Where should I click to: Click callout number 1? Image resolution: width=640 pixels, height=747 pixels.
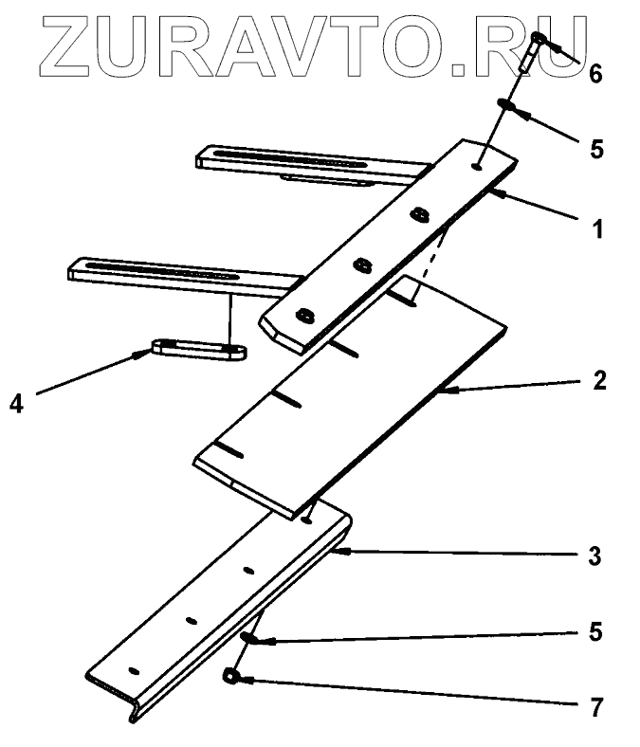[597, 228]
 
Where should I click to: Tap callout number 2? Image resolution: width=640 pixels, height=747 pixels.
[597, 382]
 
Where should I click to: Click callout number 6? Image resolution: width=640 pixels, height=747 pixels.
[595, 74]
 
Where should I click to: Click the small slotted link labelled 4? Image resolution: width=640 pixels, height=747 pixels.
[199, 349]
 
